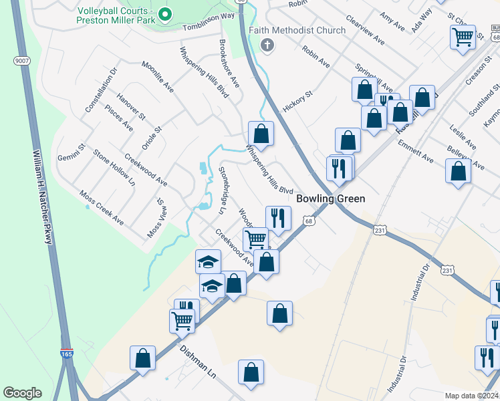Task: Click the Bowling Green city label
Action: pos(331,198)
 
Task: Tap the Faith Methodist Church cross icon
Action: pos(267,45)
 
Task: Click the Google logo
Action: pos(22,393)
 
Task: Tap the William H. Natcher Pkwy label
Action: pos(42,196)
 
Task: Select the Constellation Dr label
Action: pos(101,90)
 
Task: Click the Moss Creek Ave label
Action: pos(102,208)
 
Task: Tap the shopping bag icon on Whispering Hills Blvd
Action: pos(261,133)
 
